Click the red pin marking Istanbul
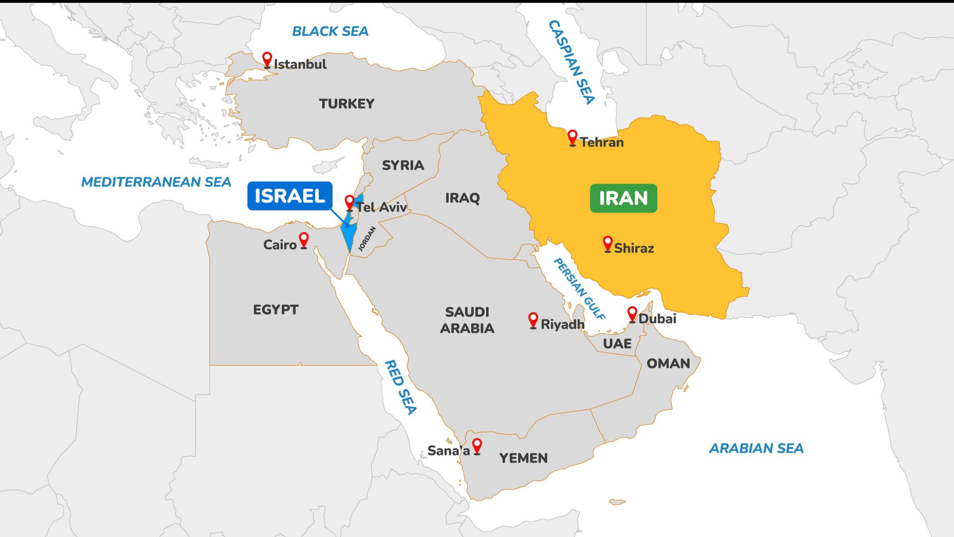coord(267,59)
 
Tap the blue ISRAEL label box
coord(290,196)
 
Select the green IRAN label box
coord(623,198)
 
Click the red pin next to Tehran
coord(572,137)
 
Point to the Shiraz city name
coord(634,248)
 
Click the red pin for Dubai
coord(632,314)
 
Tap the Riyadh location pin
coord(533,320)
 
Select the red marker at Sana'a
coord(477,446)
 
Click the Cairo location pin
coord(304,240)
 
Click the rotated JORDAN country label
coord(367,239)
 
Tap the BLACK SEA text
coord(330,31)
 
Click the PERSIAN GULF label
coord(579,289)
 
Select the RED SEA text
coord(400,387)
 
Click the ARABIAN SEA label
coord(756,449)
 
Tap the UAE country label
coord(617,344)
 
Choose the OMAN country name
coord(668,363)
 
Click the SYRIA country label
coord(403,165)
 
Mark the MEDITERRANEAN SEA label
coord(156,182)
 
